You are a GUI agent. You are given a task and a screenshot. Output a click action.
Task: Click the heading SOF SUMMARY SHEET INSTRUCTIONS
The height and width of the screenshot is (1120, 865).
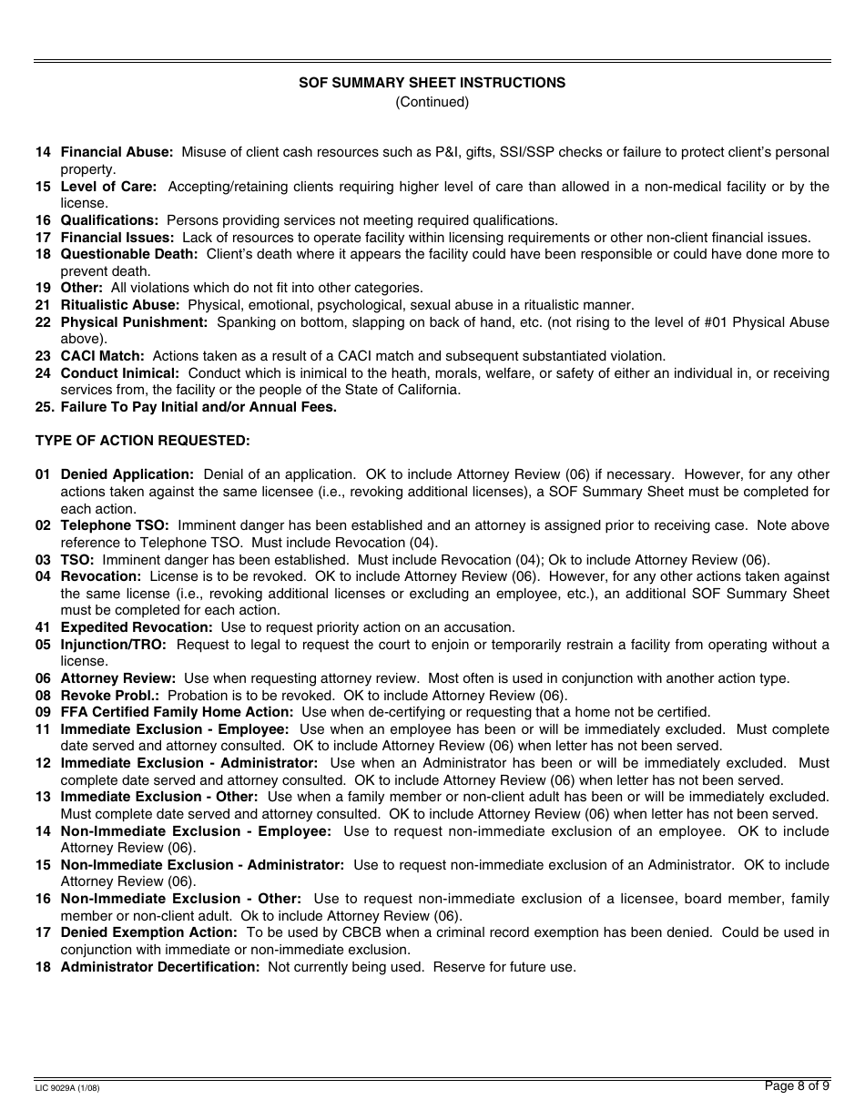coord(432,83)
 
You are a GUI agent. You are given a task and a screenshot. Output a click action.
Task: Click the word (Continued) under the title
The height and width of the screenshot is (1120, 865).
coord(432,102)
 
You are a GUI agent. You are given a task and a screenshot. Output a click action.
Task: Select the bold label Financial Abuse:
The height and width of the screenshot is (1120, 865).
coord(117,152)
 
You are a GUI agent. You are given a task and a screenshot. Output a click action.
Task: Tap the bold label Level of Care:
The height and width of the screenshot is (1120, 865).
coord(108,187)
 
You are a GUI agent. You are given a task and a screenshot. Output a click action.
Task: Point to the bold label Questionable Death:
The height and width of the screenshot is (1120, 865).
coord(128,254)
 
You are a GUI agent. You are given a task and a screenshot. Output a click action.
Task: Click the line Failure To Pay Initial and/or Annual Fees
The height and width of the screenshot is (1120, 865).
coord(198,407)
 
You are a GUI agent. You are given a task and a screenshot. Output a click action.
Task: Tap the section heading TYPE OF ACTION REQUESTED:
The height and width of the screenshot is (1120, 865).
coord(142,441)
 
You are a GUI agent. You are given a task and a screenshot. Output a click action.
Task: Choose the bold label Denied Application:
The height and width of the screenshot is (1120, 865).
coord(127,474)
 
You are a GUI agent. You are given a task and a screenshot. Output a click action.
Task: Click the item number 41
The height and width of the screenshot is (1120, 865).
coord(43,627)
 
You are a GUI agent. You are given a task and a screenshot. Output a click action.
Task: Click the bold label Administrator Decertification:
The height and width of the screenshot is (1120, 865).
coord(160,967)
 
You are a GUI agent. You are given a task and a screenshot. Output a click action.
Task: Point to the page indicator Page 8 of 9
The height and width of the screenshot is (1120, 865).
coord(797,1085)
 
